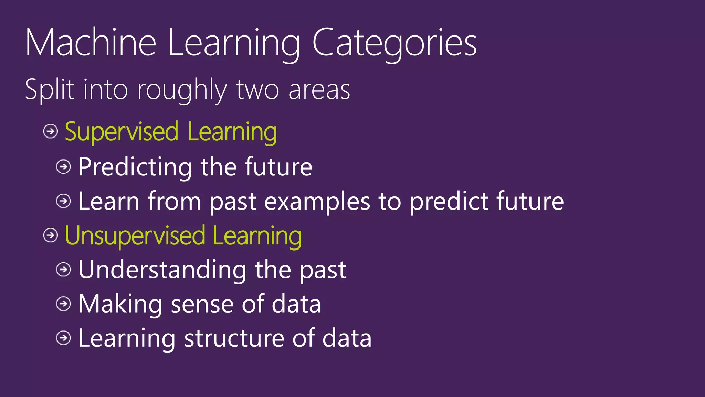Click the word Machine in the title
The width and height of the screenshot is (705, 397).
tap(91, 43)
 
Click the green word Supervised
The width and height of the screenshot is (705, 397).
tap(122, 132)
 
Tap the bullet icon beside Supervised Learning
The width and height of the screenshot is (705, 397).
tap(51, 131)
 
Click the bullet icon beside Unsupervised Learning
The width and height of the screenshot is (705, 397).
tap(51, 235)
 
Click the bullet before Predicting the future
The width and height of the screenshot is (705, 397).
tap(63, 167)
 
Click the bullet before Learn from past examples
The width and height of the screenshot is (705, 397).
tap(63, 201)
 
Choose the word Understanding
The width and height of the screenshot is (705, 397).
tap(162, 270)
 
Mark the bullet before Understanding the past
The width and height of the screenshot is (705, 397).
tap(63, 269)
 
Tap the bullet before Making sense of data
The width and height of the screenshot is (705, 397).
tap(63, 304)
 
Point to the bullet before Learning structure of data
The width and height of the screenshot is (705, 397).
tap(63, 338)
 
